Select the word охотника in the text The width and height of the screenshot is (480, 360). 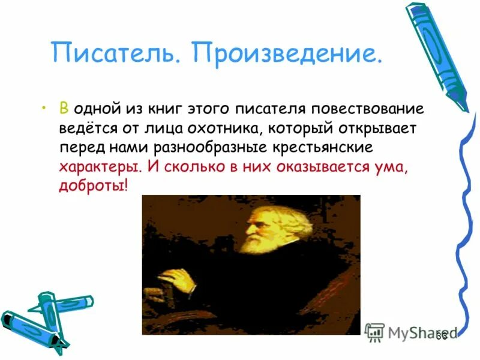[x=228, y=129]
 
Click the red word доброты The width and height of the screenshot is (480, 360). [x=92, y=187]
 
